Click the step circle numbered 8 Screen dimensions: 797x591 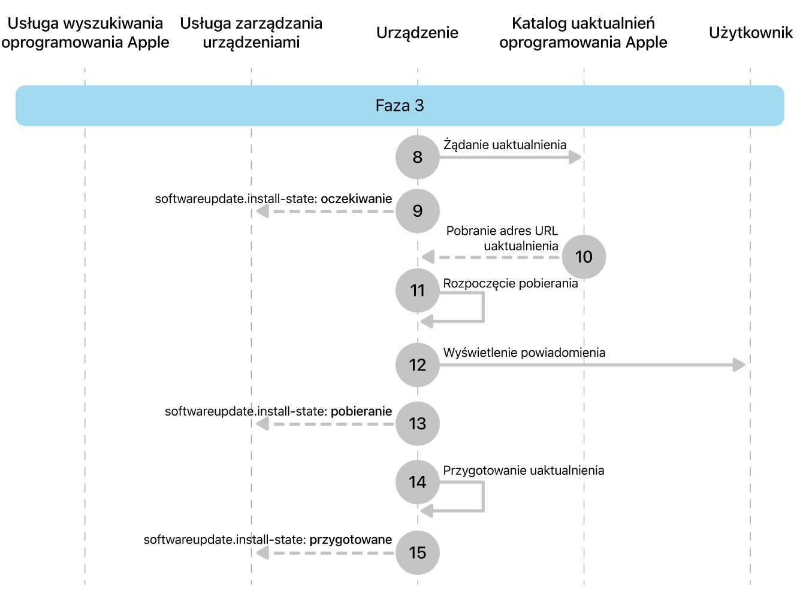pyautogui.click(x=417, y=157)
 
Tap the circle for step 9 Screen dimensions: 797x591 pyautogui.click(x=417, y=211)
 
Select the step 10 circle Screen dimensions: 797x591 pyautogui.click(x=584, y=257)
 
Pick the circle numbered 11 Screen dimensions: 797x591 pyautogui.click(x=417, y=290)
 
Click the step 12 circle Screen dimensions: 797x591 pyautogui.click(x=417, y=365)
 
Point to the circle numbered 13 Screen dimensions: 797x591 pyautogui.click(x=417, y=423)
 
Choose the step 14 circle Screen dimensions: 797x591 pyautogui.click(x=417, y=482)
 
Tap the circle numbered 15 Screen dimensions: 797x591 pyautogui.click(x=417, y=553)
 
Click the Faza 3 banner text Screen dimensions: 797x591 pyautogui.click(x=400, y=105)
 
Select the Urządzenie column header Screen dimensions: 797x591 pyautogui.click(x=417, y=33)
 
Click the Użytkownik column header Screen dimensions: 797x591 pyautogui.click(x=750, y=33)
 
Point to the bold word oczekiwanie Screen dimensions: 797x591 pyautogui.click(x=356, y=199)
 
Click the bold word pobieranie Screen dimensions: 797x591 pyautogui.click(x=361, y=411)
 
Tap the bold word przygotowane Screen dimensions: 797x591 pyautogui.click(x=351, y=540)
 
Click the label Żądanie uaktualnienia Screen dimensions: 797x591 pyautogui.click(x=505, y=145)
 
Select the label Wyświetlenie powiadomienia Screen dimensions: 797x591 pyautogui.click(x=524, y=353)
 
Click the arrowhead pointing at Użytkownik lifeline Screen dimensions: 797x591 pyautogui.click(x=739, y=365)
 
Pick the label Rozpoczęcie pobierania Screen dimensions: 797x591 pyautogui.click(x=511, y=284)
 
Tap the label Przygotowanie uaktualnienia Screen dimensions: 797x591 pyautogui.click(x=524, y=471)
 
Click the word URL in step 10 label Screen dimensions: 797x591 pyautogui.click(x=546, y=231)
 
